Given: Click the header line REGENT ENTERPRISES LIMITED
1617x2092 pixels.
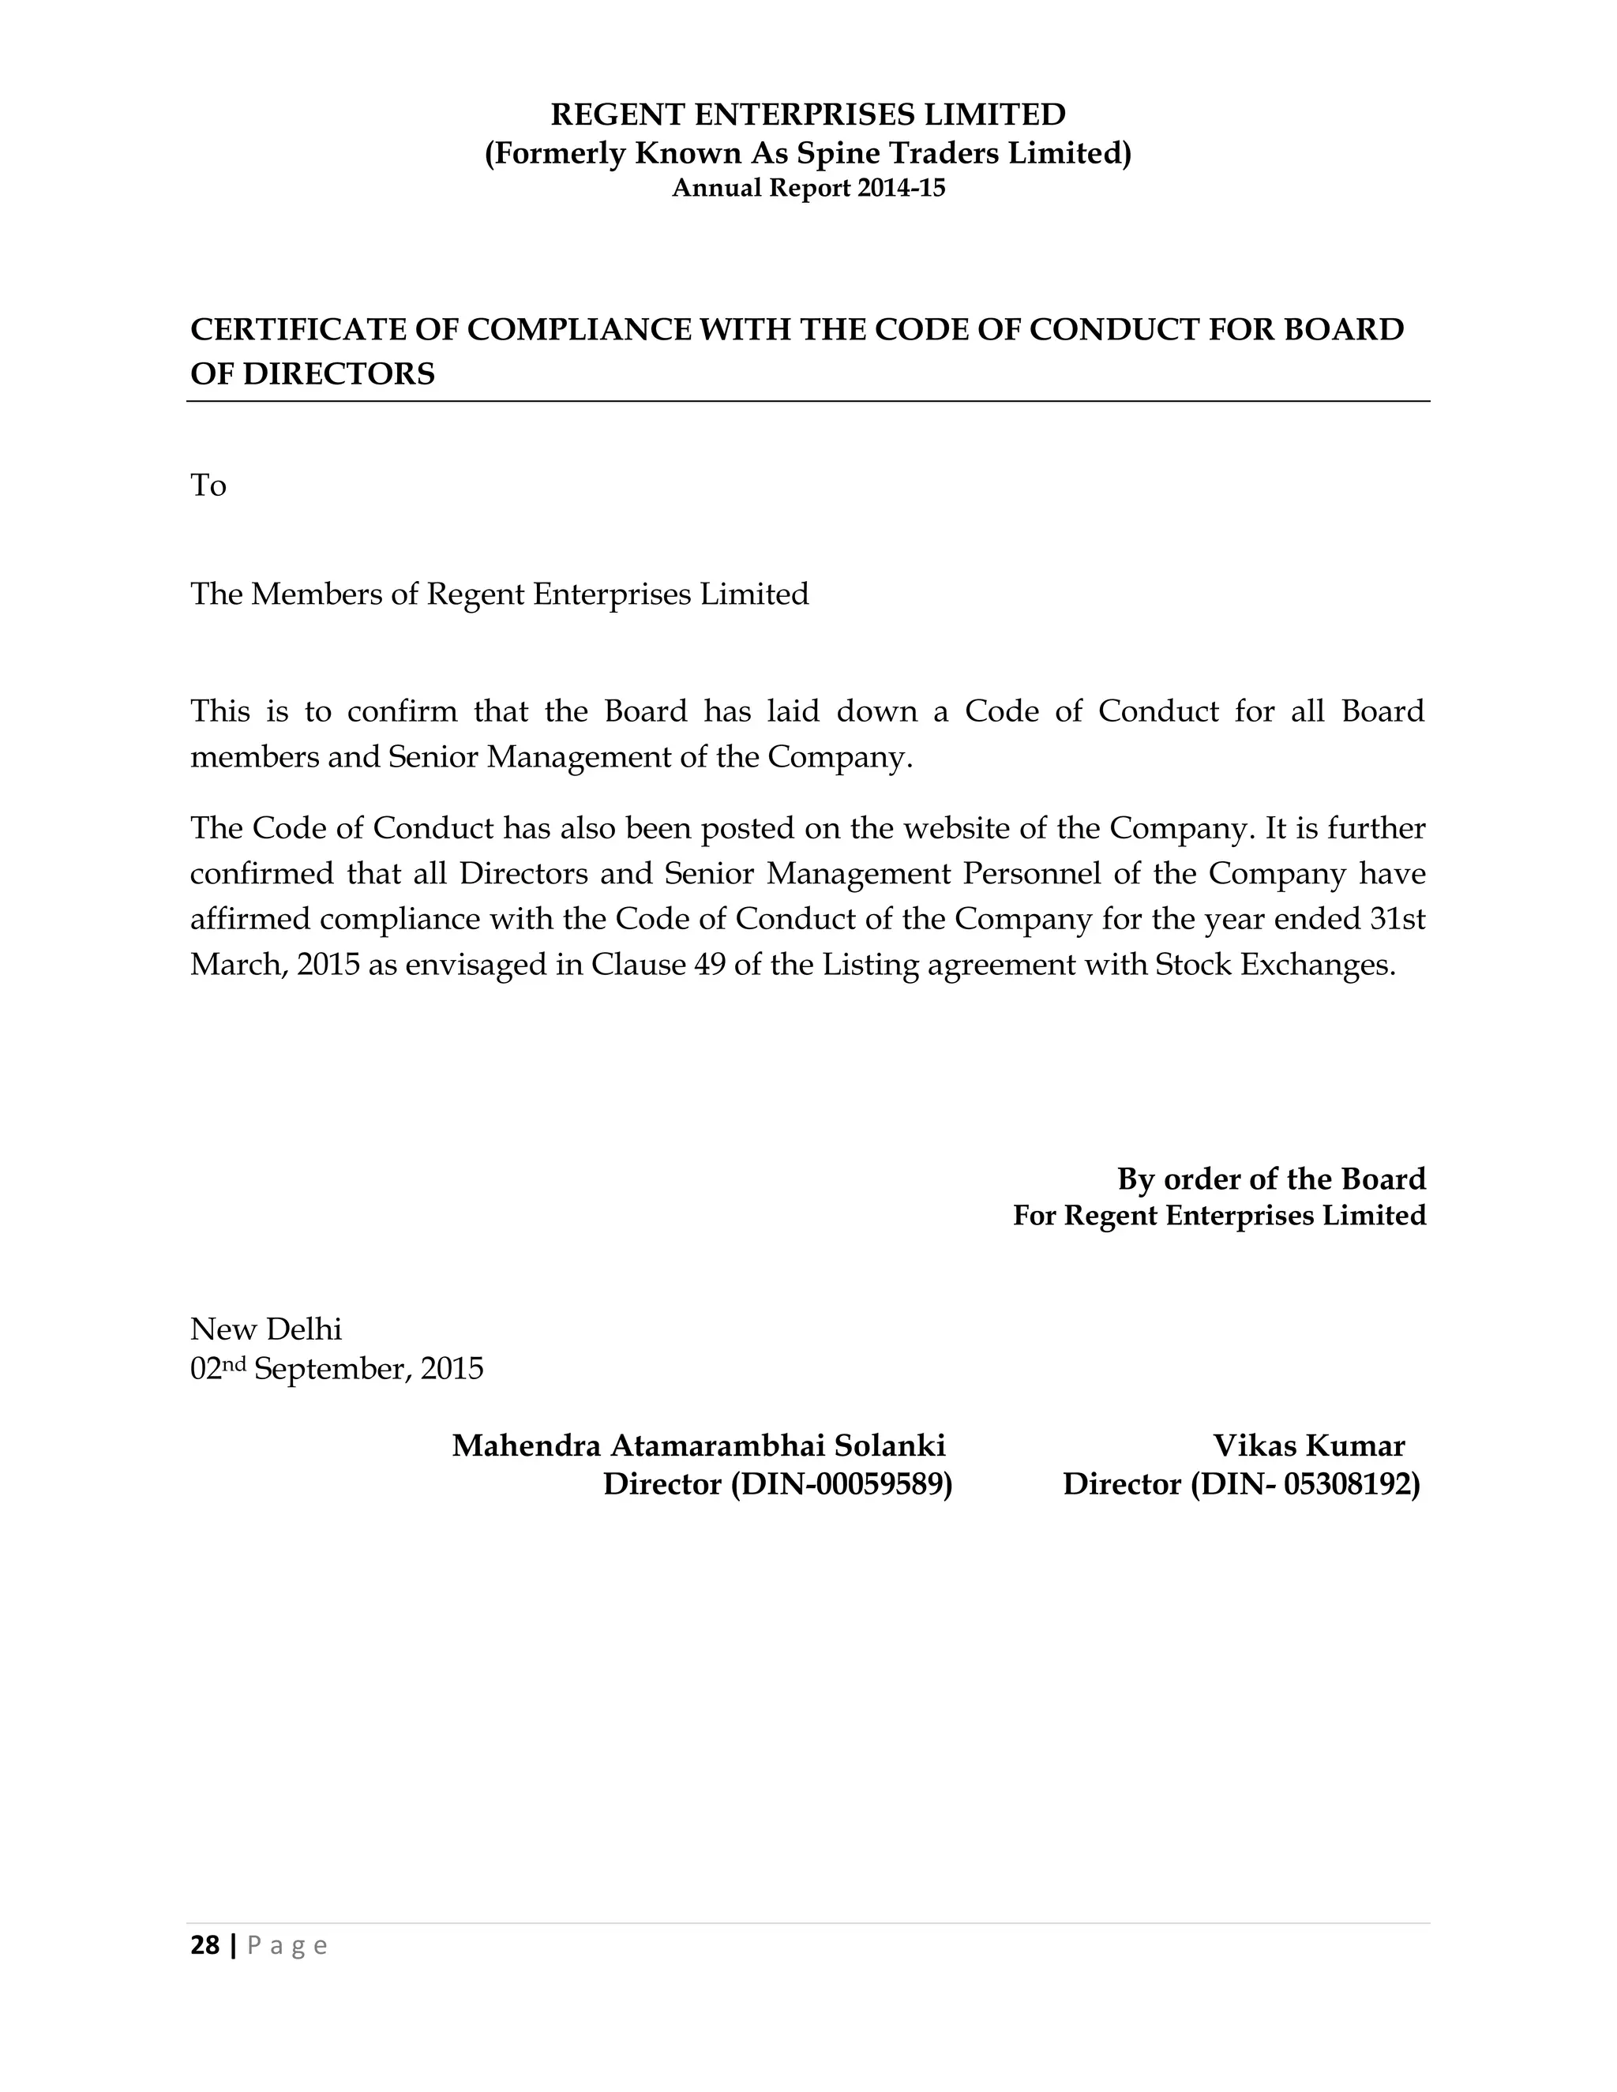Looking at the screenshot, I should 808,115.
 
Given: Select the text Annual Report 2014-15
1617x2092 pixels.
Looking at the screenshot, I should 808,189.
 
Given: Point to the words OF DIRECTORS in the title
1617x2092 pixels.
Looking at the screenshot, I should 313,373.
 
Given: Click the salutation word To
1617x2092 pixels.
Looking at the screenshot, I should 208,486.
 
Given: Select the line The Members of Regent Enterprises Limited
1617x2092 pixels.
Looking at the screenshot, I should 499,594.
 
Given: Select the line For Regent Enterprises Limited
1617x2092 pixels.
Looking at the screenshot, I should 1218,1216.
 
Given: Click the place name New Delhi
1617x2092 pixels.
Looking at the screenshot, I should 265,1329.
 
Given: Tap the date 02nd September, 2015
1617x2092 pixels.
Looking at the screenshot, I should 336,1369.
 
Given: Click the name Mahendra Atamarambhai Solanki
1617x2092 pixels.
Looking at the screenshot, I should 698,1445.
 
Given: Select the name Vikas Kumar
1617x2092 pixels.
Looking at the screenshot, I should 1308,1445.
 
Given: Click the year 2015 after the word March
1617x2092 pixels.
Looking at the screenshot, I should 328,964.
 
